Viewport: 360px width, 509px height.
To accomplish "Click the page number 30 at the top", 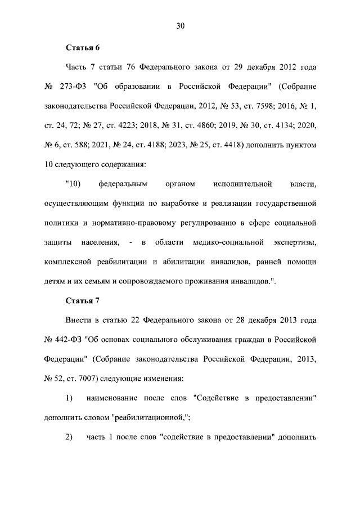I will point(180,26).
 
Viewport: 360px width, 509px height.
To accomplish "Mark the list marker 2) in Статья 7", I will point(70,438).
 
